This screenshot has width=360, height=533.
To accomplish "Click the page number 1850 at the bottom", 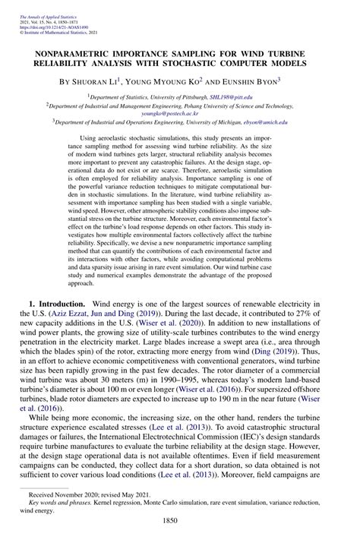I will (x=180, y=521).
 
